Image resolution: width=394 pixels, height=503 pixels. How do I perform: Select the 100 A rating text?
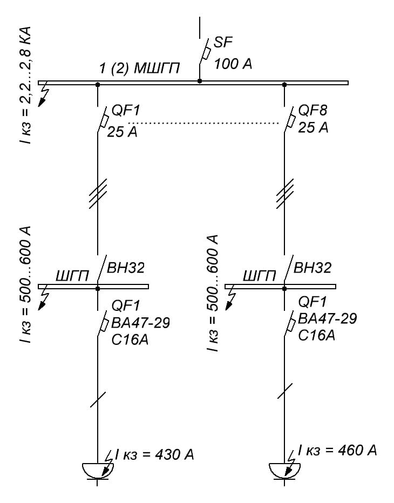click(x=233, y=64)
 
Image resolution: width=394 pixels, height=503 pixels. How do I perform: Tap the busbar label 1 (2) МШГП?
click(x=139, y=69)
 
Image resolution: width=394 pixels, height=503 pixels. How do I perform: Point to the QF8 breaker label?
click(x=313, y=111)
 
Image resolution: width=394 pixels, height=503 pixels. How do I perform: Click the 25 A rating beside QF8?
click(x=313, y=128)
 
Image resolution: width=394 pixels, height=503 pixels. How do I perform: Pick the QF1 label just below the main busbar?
click(x=125, y=112)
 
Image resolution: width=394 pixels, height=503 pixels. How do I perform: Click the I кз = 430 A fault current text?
click(x=154, y=454)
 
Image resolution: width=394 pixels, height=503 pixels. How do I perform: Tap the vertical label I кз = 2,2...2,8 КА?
click(x=25, y=84)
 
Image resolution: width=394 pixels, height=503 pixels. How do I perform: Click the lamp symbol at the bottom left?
click(x=97, y=471)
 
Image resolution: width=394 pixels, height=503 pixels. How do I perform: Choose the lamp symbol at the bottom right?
click(x=284, y=471)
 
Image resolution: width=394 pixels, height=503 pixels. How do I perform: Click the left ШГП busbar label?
click(x=72, y=276)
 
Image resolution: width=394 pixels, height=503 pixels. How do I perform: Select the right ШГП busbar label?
click(x=259, y=276)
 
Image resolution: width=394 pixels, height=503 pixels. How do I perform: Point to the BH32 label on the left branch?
click(x=126, y=267)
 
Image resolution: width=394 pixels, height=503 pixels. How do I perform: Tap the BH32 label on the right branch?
click(x=313, y=267)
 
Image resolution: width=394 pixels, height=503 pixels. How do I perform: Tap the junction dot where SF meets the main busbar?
click(x=200, y=81)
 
